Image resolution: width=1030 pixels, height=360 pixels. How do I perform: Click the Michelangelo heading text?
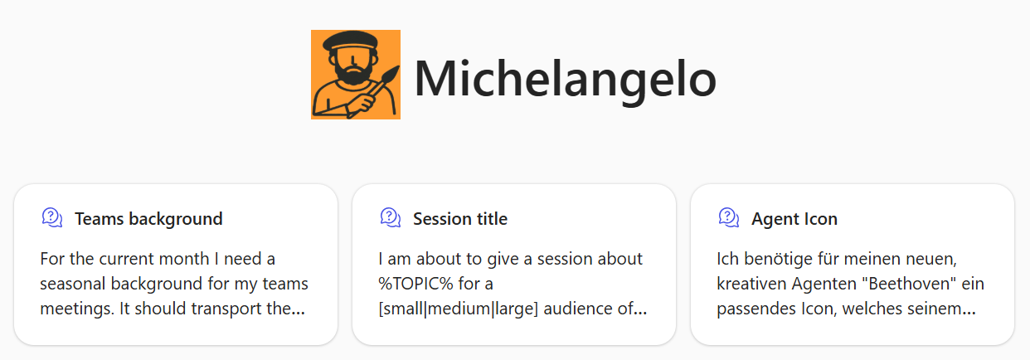[565, 80]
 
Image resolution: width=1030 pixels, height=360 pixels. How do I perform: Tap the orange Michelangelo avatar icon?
[356, 75]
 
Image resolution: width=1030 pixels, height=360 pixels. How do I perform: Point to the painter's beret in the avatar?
[351, 41]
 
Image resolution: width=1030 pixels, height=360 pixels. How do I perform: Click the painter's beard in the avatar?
[353, 74]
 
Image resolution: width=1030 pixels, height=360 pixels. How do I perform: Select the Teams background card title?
[148, 219]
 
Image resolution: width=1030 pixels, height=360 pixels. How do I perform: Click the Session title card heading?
[459, 219]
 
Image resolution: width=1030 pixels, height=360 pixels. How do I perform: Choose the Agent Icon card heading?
[794, 219]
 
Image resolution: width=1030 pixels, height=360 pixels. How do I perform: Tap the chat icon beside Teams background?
[52, 217]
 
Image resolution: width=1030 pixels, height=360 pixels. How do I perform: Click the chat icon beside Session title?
[391, 217]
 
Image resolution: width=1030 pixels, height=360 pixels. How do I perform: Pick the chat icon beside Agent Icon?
[729, 217]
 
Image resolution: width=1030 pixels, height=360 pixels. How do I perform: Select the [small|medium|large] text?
[458, 309]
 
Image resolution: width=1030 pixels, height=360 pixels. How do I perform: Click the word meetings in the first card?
[77, 309]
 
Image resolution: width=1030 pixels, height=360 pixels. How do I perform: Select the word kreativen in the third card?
[752, 284]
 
